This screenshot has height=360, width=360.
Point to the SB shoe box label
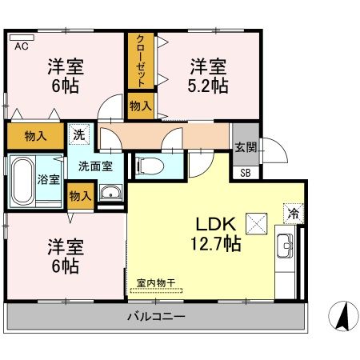244,172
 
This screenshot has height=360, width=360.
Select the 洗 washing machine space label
78,135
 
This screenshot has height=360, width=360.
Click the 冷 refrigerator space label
293,214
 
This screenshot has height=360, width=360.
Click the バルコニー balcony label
157,318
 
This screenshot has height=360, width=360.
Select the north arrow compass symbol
342,318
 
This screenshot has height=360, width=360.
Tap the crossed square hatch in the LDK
255,222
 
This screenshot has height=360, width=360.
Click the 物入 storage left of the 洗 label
35,135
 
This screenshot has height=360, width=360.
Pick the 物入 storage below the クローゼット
140,105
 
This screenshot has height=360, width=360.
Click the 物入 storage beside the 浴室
78,195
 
